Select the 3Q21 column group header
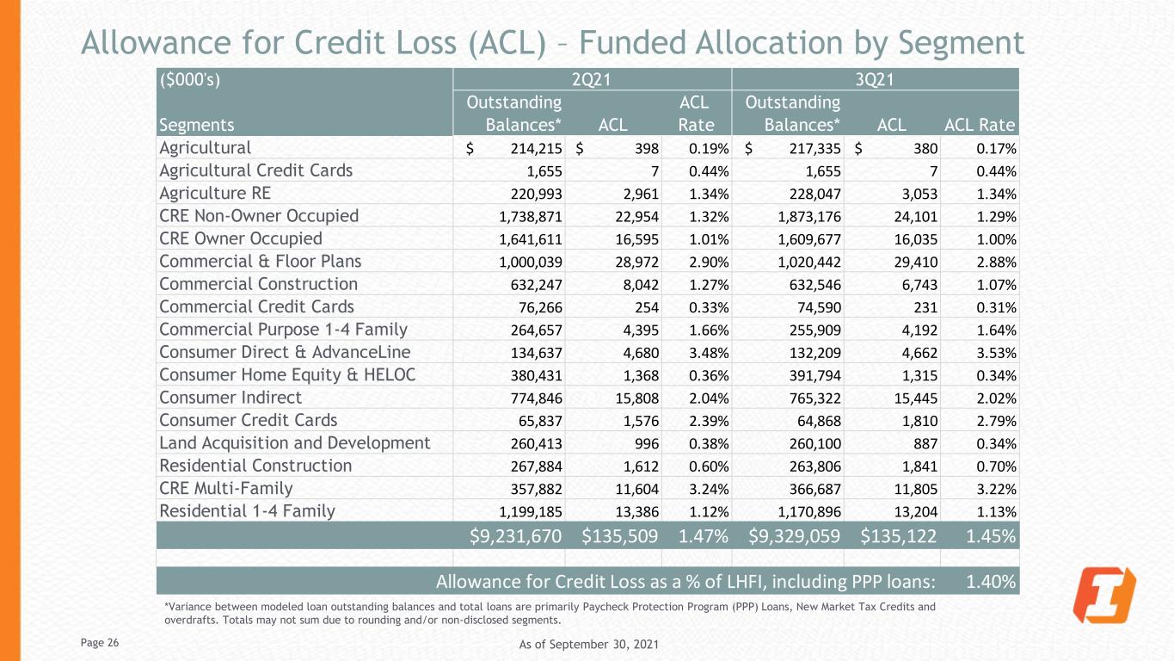875,79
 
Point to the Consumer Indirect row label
230,398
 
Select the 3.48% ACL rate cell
709,352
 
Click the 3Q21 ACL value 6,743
918,284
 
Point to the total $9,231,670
515,535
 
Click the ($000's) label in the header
190,79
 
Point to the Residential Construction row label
255,466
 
